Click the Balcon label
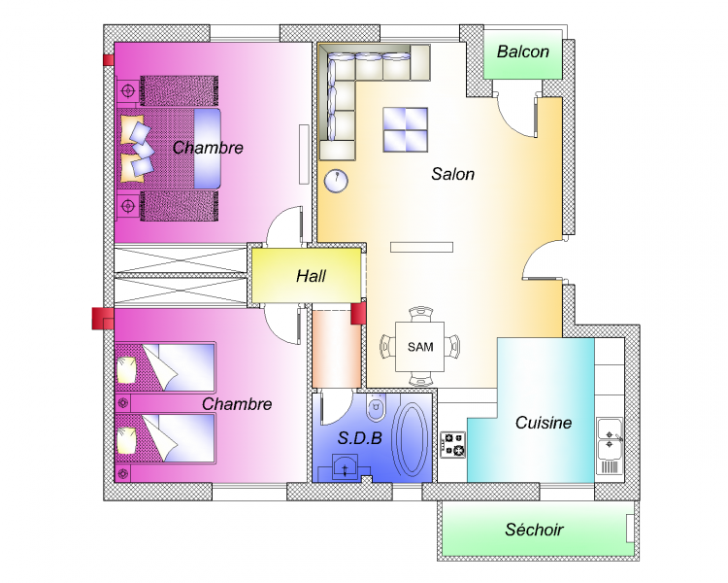click(523, 51)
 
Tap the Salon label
click(452, 174)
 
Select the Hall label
click(311, 276)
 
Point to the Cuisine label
click(544, 423)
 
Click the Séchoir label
click(534, 530)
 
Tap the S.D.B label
click(360, 437)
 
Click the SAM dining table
click(419, 347)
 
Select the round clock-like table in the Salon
click(336, 181)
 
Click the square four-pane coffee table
click(406, 129)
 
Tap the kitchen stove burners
click(452, 445)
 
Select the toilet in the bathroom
click(376, 408)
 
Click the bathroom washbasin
click(345, 467)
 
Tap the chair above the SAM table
click(420, 314)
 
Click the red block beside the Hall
click(358, 313)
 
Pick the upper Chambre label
click(208, 148)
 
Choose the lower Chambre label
click(237, 404)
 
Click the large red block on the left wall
click(103, 319)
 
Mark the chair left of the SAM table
click(387, 347)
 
